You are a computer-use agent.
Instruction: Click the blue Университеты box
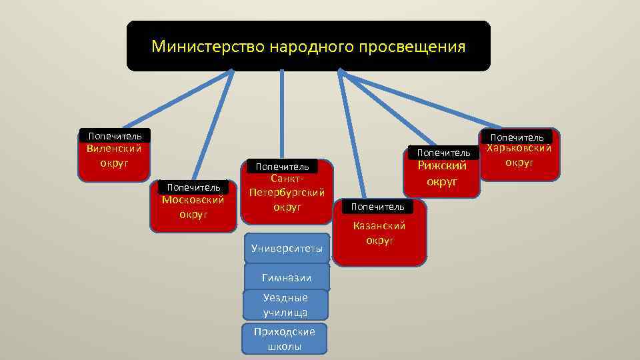click(287, 249)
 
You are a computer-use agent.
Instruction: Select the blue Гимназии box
click(287, 277)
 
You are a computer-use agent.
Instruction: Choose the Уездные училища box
click(285, 305)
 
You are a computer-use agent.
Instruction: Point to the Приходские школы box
click(285, 339)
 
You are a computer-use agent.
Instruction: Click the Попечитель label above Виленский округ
click(115, 136)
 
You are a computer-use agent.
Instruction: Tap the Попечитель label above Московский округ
click(193, 187)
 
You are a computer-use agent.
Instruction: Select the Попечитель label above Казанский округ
click(377, 207)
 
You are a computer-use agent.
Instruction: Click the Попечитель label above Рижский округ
click(443, 153)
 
